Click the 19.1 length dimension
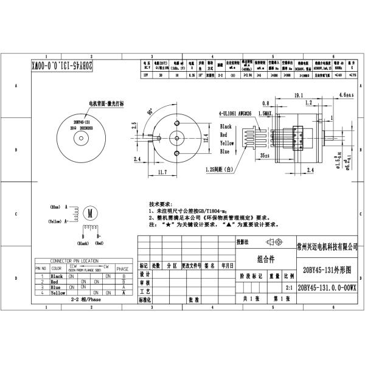pos(299,95)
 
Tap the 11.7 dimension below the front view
pos(162,173)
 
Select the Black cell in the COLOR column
pos(57,276)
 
